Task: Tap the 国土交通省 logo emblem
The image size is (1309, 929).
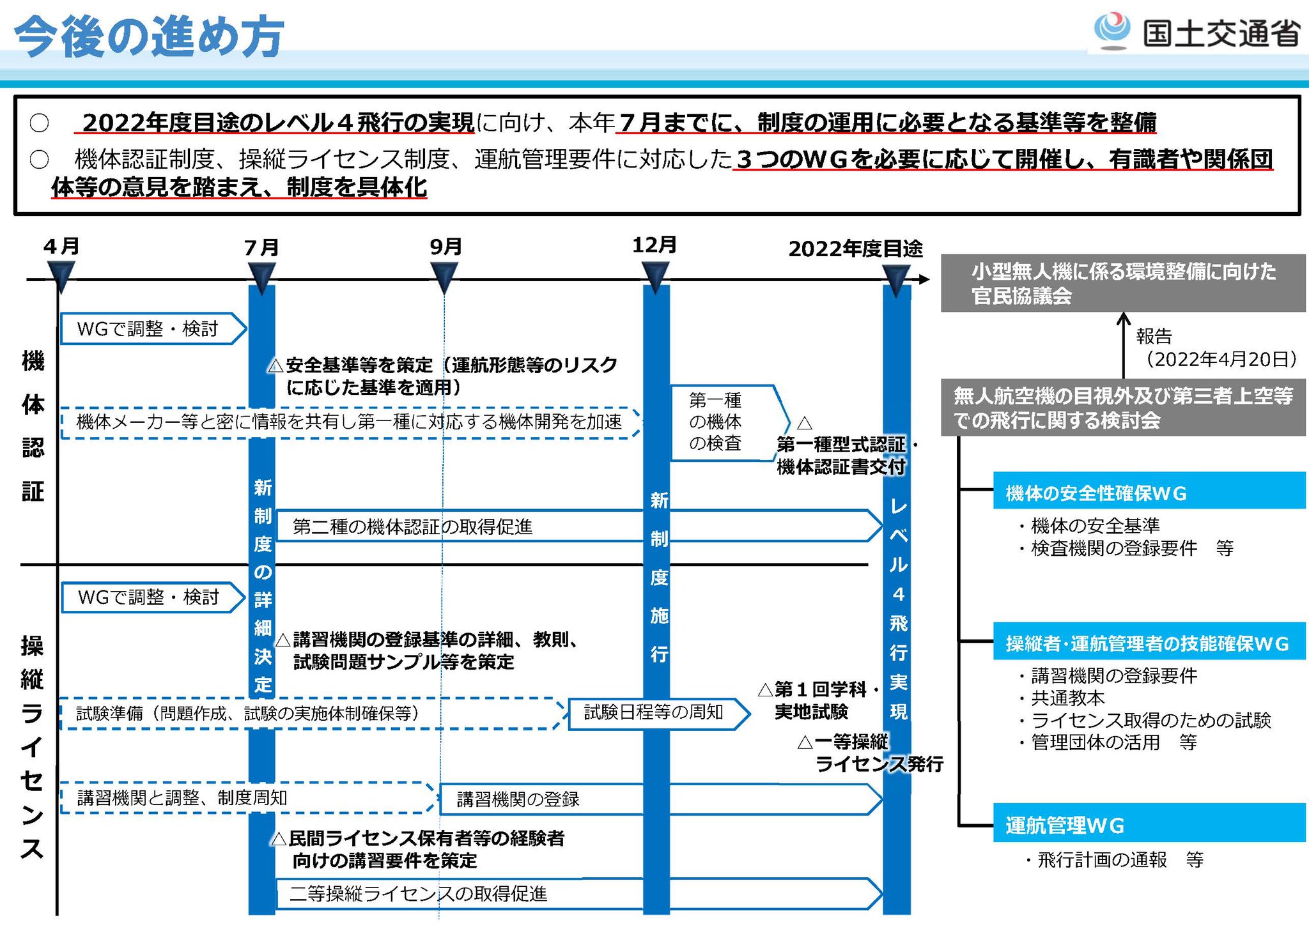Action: (1111, 30)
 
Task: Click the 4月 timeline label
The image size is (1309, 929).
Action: (61, 246)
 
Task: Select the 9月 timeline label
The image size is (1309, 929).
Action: (445, 247)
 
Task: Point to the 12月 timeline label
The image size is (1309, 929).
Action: (654, 245)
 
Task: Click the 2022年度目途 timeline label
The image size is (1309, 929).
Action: (855, 249)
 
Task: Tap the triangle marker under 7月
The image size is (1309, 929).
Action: (261, 279)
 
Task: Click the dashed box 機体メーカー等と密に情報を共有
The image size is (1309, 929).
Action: (349, 422)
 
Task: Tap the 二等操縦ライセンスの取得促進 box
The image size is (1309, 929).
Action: (447, 893)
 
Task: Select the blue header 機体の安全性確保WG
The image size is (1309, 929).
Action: (1148, 493)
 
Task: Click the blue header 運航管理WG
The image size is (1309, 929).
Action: (1148, 825)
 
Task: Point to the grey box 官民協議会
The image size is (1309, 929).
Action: (1122, 284)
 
